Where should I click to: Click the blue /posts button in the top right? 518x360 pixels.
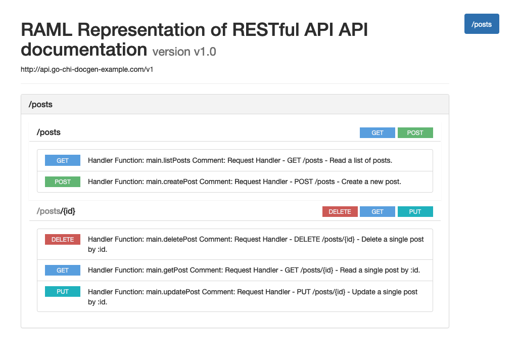click(481, 24)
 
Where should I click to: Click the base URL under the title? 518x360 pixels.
click(87, 69)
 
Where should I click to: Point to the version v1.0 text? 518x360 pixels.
click(184, 52)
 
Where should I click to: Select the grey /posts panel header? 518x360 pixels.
click(235, 105)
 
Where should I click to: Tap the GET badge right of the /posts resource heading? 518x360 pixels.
click(378, 132)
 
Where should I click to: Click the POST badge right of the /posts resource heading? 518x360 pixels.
click(415, 132)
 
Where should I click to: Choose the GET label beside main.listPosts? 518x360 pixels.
click(63, 160)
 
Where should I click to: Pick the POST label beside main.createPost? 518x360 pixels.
click(63, 182)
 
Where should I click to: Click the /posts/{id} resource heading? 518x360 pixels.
click(56, 211)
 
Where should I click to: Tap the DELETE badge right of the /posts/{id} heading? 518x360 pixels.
click(340, 211)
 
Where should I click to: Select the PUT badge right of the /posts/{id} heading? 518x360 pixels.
click(415, 211)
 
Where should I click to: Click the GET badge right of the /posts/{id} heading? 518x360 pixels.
click(378, 211)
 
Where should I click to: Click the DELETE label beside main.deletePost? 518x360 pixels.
click(63, 239)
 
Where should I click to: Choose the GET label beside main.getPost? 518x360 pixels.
click(63, 270)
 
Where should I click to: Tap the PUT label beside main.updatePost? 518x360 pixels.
click(63, 291)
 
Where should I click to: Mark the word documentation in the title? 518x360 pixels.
click(84, 50)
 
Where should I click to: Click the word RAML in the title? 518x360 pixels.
click(46, 29)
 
